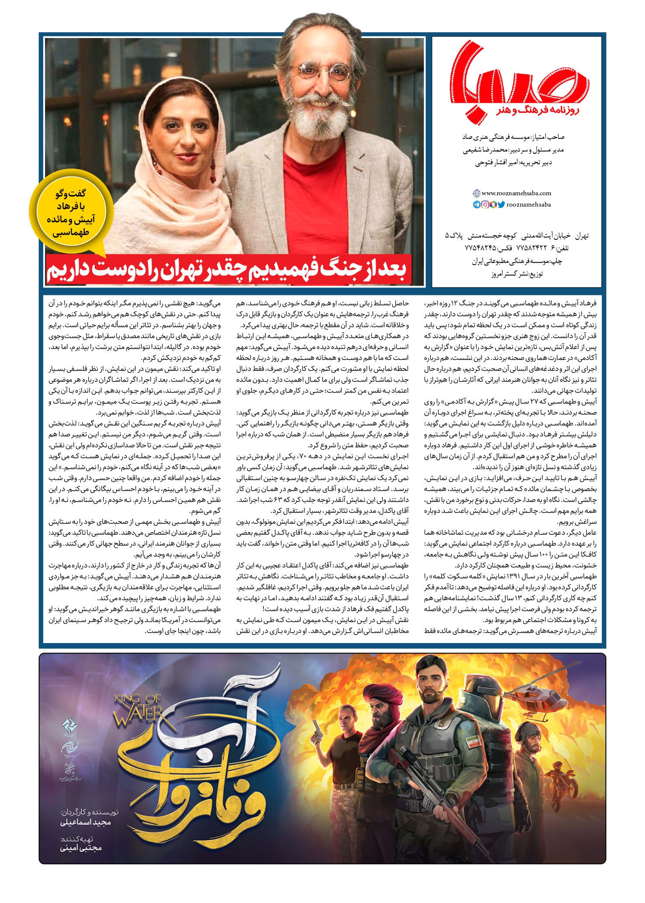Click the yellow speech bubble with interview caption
pyautogui.click(x=71, y=213)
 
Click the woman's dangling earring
pyautogui.click(x=213, y=168)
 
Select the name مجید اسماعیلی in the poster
pyautogui.click(x=86, y=823)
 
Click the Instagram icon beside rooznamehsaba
pyautogui.click(x=485, y=204)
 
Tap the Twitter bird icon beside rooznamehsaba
pyautogui.click(x=501, y=204)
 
